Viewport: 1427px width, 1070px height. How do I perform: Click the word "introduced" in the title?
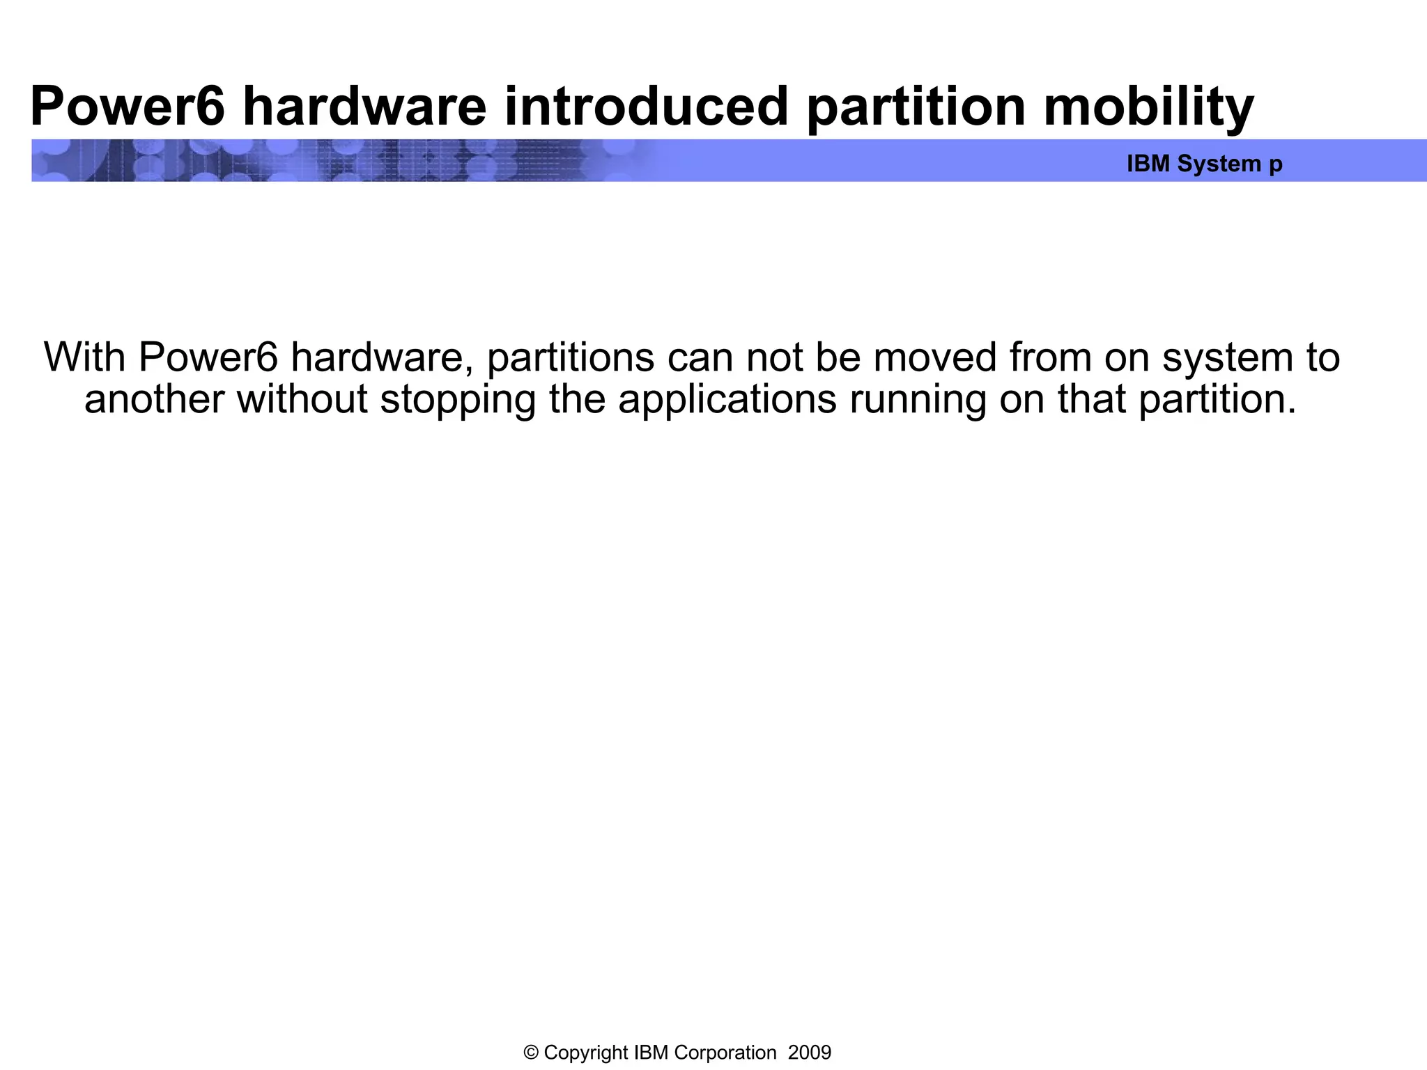645,107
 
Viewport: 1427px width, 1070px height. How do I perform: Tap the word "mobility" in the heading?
1148,107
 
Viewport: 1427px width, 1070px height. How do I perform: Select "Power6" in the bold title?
128,107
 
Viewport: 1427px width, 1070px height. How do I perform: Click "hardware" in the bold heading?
364,107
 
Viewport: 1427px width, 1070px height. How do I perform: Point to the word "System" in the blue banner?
1219,164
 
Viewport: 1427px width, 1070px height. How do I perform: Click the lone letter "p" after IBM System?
1276,165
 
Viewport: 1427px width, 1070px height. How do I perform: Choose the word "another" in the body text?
154,399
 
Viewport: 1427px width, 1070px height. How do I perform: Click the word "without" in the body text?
302,399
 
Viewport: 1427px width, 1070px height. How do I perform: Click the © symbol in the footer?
531,1053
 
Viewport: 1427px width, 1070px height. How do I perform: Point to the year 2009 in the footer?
810,1053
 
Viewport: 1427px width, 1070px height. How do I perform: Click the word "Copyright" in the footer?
586,1053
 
